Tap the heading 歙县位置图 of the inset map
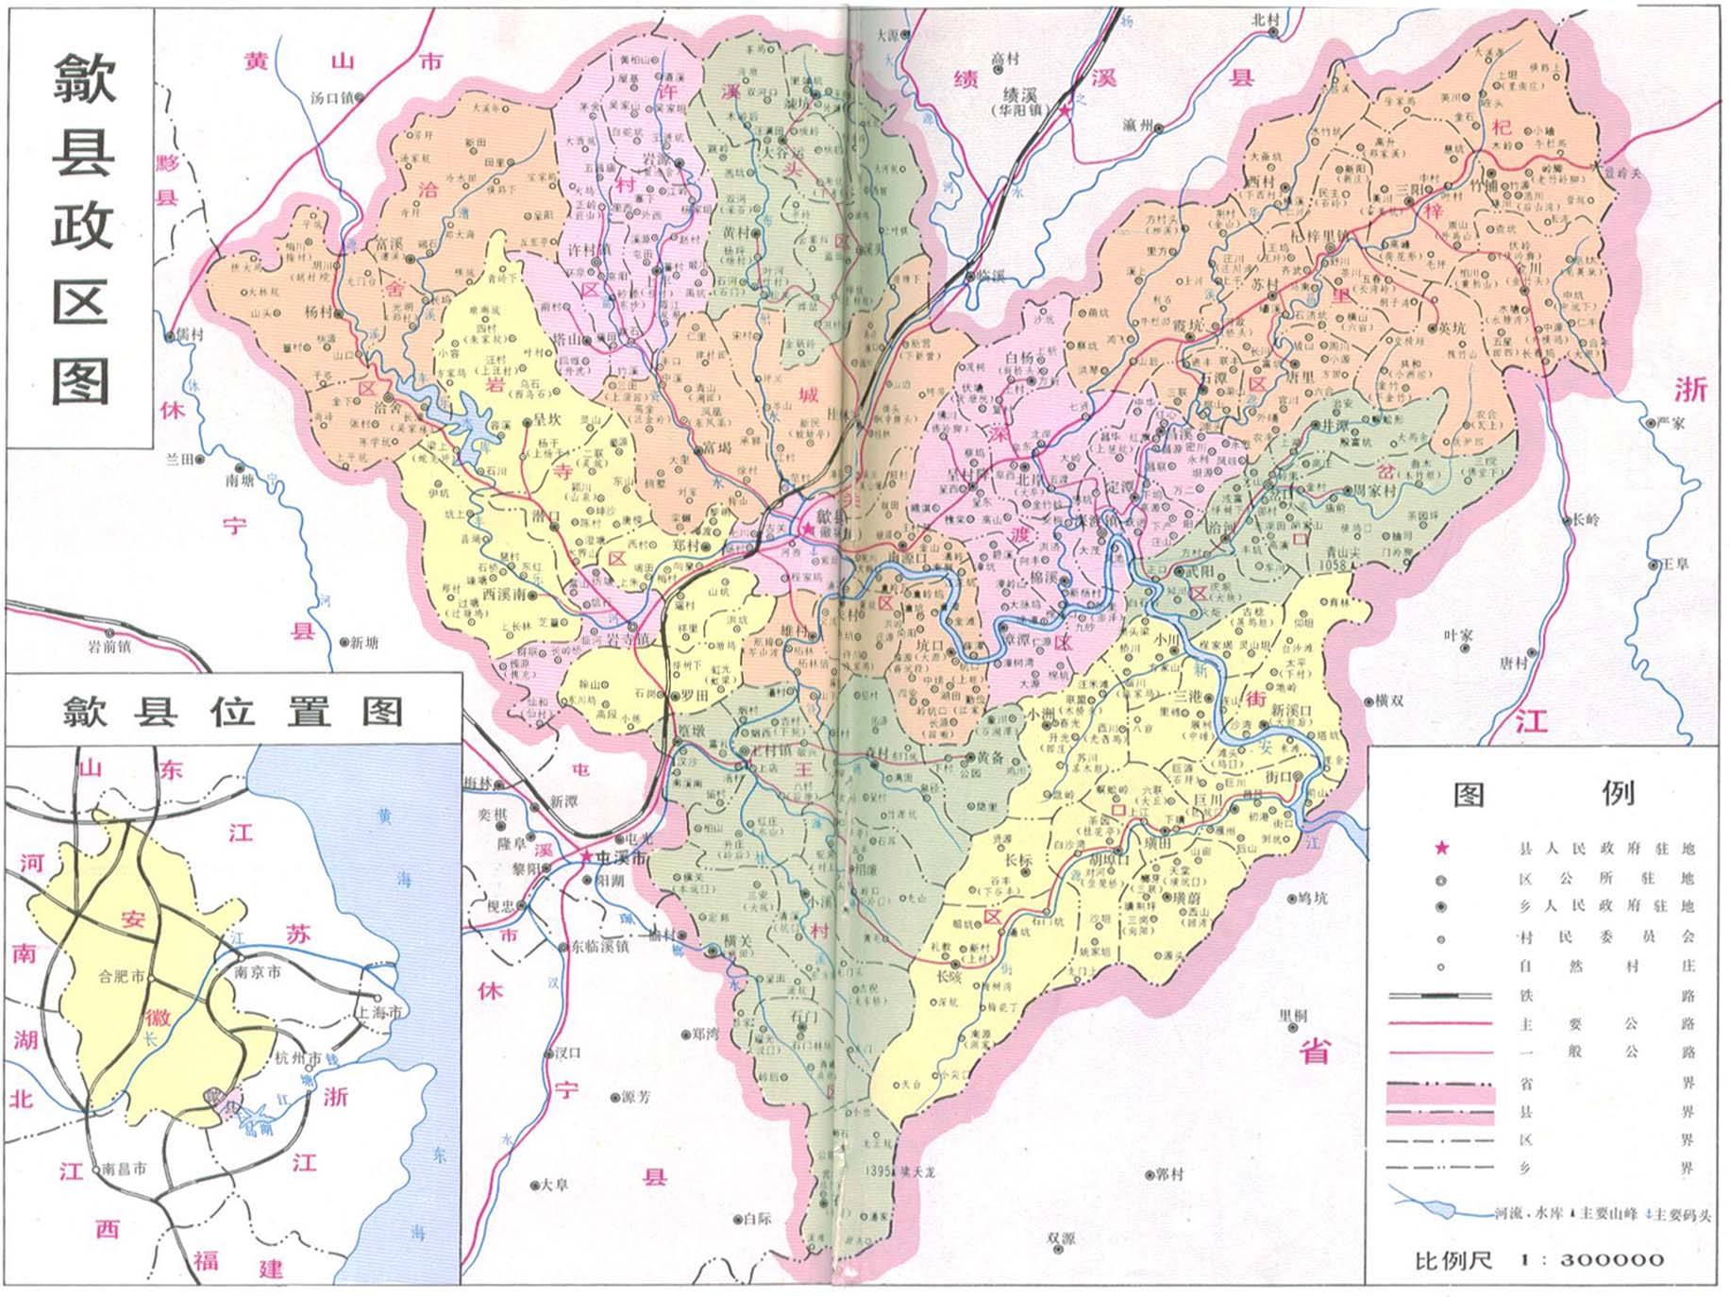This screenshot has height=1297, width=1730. tap(233, 711)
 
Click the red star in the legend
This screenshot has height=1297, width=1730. tap(1441, 848)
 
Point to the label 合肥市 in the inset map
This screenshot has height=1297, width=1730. tap(123, 977)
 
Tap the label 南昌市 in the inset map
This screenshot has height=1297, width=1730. tap(125, 1169)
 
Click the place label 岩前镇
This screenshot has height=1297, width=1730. tap(109, 647)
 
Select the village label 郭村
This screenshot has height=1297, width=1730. tap(1168, 1175)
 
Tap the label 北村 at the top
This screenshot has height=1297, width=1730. tap(1264, 19)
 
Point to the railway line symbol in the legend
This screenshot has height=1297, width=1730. tap(1439, 996)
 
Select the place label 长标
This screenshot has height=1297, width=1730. tap(1018, 860)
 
